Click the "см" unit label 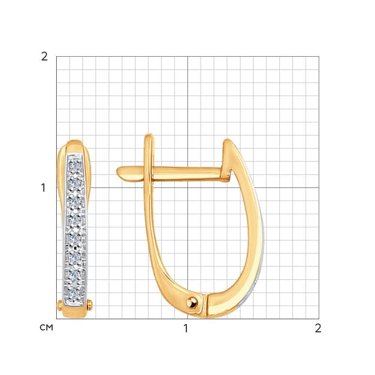(46, 327)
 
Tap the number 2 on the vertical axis (45, 57)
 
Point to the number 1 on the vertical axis (43, 188)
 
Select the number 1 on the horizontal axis (186, 328)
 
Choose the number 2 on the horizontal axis (318, 328)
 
